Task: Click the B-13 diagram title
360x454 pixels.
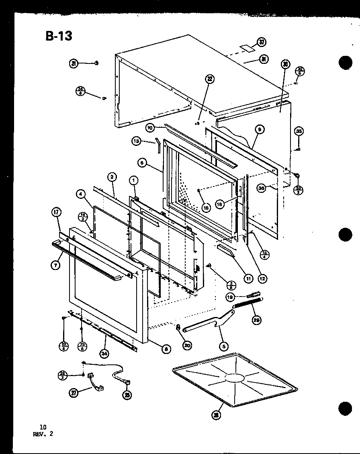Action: (x=59, y=36)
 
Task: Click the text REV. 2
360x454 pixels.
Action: (x=44, y=434)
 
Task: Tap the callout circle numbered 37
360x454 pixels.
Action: (x=262, y=42)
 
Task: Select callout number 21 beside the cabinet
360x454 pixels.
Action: (x=74, y=63)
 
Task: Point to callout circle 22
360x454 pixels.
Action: (x=209, y=79)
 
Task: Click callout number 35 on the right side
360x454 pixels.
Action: (x=299, y=131)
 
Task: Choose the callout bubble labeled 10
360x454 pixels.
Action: (x=150, y=128)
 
